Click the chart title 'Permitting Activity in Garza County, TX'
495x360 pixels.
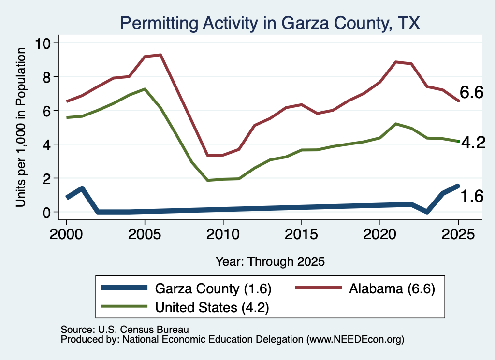point(270,23)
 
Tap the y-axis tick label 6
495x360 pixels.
point(46,111)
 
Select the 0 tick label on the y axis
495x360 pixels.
point(46,212)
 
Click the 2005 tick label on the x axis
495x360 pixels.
point(145,234)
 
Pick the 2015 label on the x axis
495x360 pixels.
point(302,234)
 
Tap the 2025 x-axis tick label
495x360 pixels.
point(458,234)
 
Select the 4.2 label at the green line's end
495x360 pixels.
point(473,143)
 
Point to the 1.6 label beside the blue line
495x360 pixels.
point(472,196)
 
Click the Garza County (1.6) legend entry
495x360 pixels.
point(186,288)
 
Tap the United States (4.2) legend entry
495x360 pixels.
point(185,307)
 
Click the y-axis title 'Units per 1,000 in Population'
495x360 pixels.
point(21,127)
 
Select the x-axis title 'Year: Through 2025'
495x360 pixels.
point(270,261)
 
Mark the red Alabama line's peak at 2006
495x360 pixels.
point(160,55)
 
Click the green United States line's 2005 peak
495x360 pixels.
point(145,89)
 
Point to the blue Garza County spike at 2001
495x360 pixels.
point(82,188)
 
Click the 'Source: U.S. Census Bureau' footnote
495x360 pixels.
point(125,330)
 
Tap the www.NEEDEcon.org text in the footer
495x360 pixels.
point(355,340)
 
